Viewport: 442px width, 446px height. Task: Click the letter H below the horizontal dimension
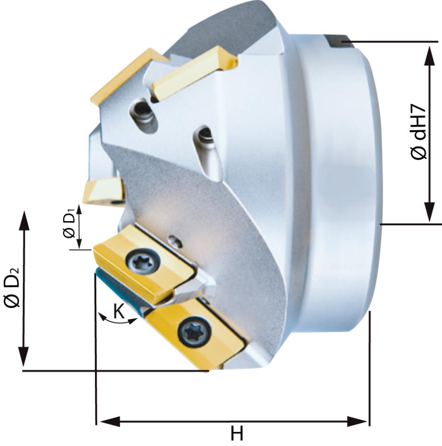[x=236, y=434]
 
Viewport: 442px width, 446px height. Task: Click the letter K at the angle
[x=119, y=311]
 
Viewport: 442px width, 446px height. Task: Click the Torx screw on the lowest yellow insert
[x=193, y=332]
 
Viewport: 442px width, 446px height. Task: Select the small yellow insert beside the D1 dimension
[x=103, y=190]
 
